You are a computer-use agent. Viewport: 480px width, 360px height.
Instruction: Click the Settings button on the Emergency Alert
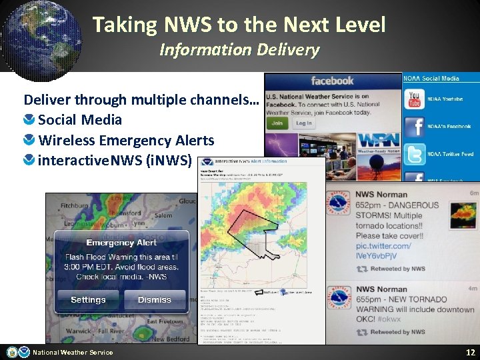pyautogui.click(x=88, y=299)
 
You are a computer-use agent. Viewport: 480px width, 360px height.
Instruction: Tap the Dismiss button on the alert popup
pyautogui.click(x=155, y=299)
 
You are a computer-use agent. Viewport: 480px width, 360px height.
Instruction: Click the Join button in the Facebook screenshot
pyautogui.click(x=277, y=123)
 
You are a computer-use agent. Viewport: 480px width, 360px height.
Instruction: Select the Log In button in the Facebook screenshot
pyautogui.click(x=303, y=123)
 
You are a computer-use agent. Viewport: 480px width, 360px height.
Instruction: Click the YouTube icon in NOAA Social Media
pyautogui.click(x=415, y=99)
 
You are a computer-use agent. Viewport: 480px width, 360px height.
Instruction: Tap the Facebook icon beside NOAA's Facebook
pyautogui.click(x=415, y=127)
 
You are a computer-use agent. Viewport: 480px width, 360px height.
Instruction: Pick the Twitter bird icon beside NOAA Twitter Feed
pyautogui.click(x=415, y=154)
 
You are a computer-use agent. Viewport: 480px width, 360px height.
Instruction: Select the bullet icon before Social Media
pyautogui.click(x=29, y=120)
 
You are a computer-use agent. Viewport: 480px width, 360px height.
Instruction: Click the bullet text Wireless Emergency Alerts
pyautogui.click(x=126, y=140)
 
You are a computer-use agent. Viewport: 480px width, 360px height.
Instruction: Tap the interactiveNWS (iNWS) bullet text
pyautogui.click(x=115, y=161)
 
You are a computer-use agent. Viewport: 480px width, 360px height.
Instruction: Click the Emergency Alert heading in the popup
pyautogui.click(x=121, y=243)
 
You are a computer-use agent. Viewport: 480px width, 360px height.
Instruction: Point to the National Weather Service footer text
pyautogui.click(x=73, y=352)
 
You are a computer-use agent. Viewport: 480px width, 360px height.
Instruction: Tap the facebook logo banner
pyautogui.click(x=332, y=81)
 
